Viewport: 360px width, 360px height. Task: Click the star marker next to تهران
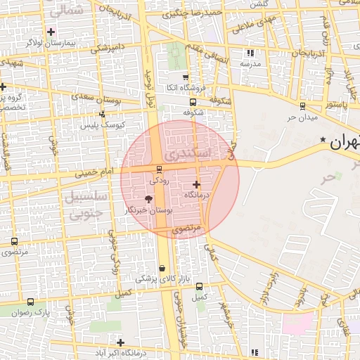[323, 140]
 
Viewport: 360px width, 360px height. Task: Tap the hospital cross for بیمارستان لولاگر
[51, 32]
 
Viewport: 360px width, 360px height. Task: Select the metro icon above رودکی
[159, 169]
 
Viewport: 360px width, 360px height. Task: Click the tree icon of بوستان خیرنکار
[148, 200]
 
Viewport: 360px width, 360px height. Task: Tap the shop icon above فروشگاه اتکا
[185, 77]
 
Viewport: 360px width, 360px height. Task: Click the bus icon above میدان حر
[302, 105]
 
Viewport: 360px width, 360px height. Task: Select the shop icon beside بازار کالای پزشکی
[162, 268]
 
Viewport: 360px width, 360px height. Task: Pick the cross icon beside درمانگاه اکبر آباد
[121, 342]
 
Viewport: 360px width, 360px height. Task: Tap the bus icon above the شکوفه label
[193, 101]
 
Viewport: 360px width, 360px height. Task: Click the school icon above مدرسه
[250, 53]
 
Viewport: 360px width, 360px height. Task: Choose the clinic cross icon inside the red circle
[196, 184]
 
